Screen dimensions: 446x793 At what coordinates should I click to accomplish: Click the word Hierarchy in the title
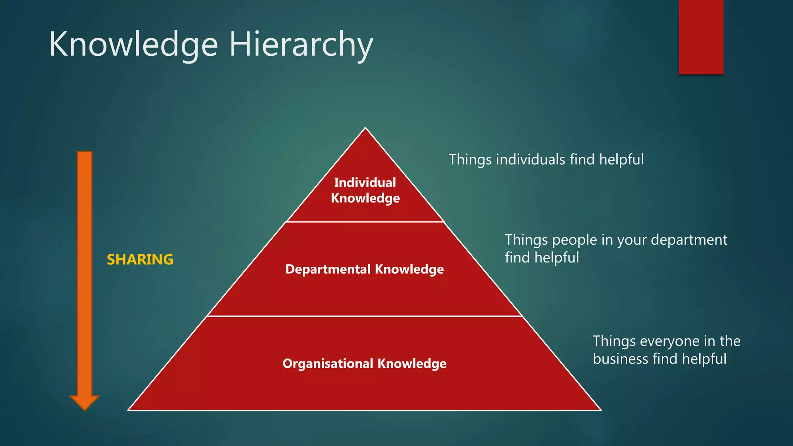click(301, 45)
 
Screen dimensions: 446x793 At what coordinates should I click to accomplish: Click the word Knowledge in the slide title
click(134, 44)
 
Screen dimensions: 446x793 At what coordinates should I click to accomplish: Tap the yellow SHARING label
click(140, 259)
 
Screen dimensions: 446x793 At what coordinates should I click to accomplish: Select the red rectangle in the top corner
click(701, 37)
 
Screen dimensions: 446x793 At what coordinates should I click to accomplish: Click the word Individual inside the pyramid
click(365, 182)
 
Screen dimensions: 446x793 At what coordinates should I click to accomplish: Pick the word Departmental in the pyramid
click(328, 269)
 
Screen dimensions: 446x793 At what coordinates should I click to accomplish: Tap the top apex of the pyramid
click(365, 129)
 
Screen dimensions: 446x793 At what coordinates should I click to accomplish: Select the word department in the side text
click(689, 240)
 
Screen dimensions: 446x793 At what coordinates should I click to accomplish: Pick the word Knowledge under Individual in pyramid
click(365, 198)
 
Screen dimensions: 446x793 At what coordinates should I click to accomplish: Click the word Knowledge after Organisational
click(412, 364)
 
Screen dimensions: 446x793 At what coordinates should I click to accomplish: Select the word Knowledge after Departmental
click(409, 269)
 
